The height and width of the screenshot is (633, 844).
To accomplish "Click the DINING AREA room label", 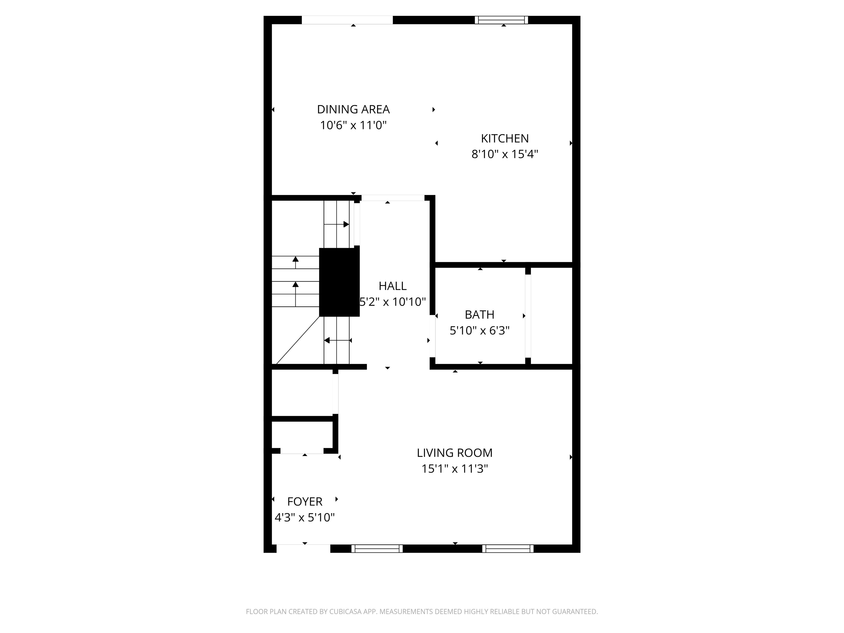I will click(353, 110).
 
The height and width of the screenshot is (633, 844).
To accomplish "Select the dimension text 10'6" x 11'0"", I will click(353, 125).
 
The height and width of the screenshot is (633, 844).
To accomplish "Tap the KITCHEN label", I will click(504, 138).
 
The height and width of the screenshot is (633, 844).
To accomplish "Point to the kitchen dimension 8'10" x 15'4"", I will click(504, 154).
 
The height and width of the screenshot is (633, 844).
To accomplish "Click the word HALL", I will click(392, 286).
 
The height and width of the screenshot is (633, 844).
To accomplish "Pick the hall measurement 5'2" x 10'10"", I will click(392, 302).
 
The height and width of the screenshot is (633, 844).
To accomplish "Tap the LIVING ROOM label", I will click(454, 453).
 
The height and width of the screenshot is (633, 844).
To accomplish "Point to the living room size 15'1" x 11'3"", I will click(454, 468).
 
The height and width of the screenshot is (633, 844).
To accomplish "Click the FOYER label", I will click(304, 501).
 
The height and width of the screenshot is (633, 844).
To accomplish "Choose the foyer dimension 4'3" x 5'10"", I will click(304, 517).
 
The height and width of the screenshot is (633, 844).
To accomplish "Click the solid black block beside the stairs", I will click(339, 282).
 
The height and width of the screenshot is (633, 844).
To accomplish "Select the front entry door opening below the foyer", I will click(303, 548).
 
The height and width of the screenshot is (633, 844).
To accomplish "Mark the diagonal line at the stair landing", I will click(298, 340).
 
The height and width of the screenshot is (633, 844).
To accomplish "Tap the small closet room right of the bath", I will click(551, 315).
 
